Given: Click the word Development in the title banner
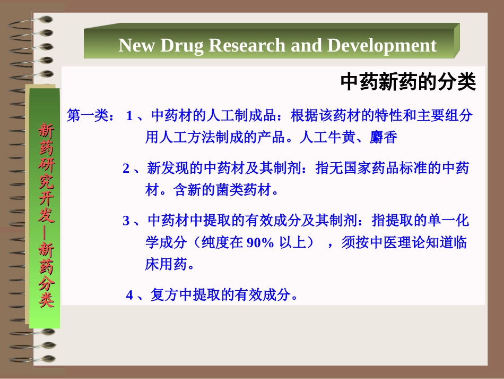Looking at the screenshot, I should (x=382, y=46).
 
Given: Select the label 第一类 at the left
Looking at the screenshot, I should (x=88, y=116).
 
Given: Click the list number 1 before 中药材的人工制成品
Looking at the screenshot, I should (x=129, y=116).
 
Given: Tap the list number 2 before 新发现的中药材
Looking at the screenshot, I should (x=126, y=169).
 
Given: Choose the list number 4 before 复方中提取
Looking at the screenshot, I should (x=129, y=296).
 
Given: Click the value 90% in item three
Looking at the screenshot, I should (x=260, y=243).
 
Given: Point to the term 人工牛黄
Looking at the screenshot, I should (x=320, y=138).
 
